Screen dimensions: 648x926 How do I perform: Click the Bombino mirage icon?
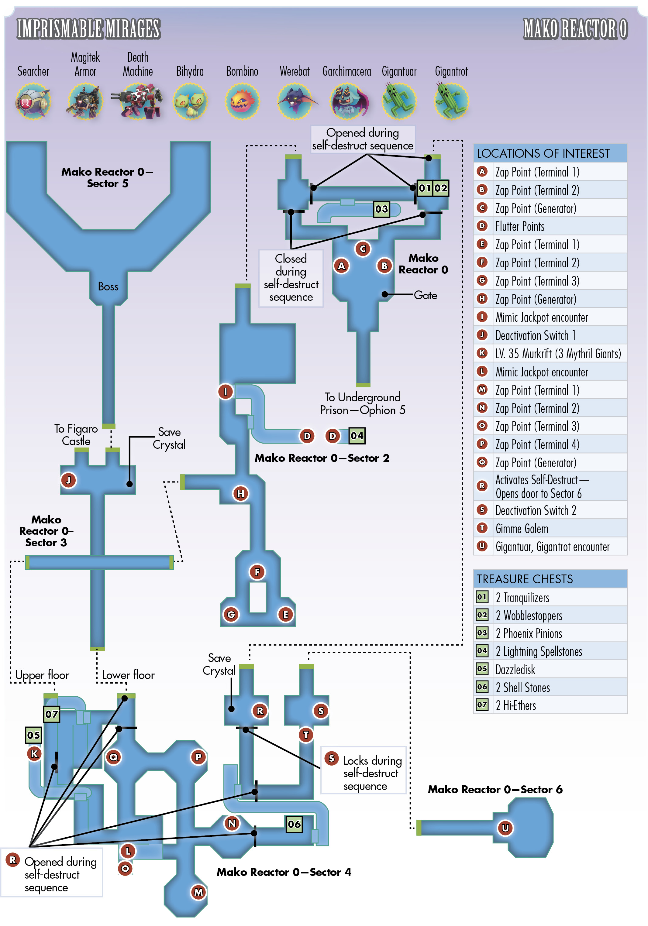242,101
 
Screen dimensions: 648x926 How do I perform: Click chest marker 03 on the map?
381,209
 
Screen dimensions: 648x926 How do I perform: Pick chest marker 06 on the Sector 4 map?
294,824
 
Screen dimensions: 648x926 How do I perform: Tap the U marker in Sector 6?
505,828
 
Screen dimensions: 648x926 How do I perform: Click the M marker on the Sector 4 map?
198,892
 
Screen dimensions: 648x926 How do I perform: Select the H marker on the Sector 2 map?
240,493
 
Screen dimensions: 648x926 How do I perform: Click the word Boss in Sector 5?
108,287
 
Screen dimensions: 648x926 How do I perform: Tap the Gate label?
425,296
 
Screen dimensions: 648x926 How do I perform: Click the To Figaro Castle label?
76,435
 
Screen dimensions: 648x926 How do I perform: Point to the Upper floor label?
42,675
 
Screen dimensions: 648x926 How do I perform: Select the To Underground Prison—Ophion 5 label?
363,404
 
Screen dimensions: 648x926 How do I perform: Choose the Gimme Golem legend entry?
522,529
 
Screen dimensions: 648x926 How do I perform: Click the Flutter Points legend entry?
520,227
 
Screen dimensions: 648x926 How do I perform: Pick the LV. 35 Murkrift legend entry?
558,354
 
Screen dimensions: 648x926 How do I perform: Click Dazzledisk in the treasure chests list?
515,670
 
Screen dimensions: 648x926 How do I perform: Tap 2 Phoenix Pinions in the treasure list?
529,634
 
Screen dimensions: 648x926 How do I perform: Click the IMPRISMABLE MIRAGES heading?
89,29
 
